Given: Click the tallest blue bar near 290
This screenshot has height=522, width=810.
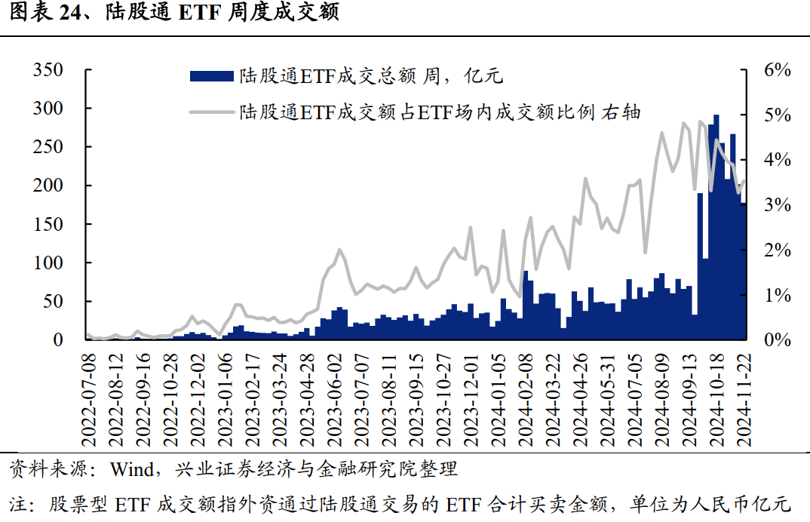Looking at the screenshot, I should coord(716,226).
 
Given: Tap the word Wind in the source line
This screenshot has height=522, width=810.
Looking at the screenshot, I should coord(130,469).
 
